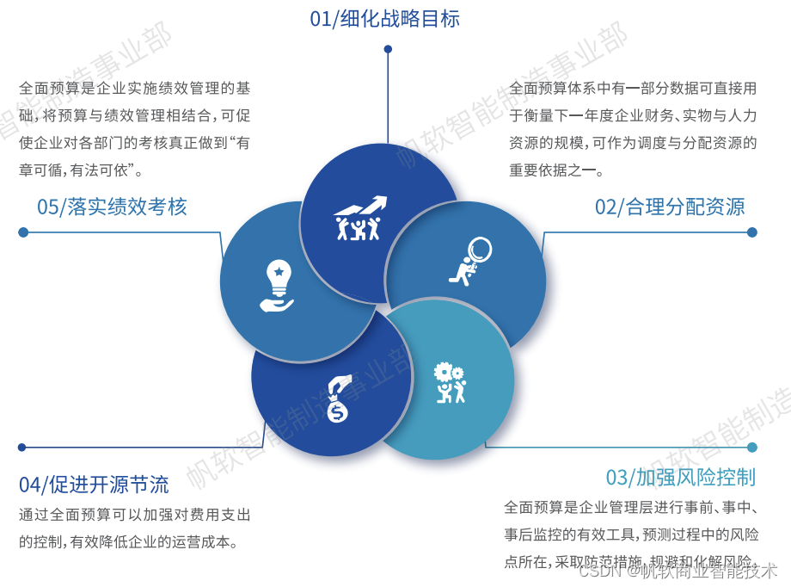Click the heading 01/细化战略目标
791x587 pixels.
(x=384, y=19)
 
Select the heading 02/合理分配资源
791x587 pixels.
(x=670, y=207)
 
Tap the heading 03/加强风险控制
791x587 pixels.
(x=681, y=477)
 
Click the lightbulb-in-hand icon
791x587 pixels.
(x=277, y=284)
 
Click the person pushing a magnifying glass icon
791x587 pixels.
(x=472, y=261)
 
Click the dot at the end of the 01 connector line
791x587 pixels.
(x=388, y=50)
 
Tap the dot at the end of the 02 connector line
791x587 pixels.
(x=752, y=232)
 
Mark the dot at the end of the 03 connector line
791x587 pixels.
(x=752, y=448)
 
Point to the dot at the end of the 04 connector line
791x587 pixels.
(x=22, y=448)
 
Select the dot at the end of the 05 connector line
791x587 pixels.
(x=23, y=232)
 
